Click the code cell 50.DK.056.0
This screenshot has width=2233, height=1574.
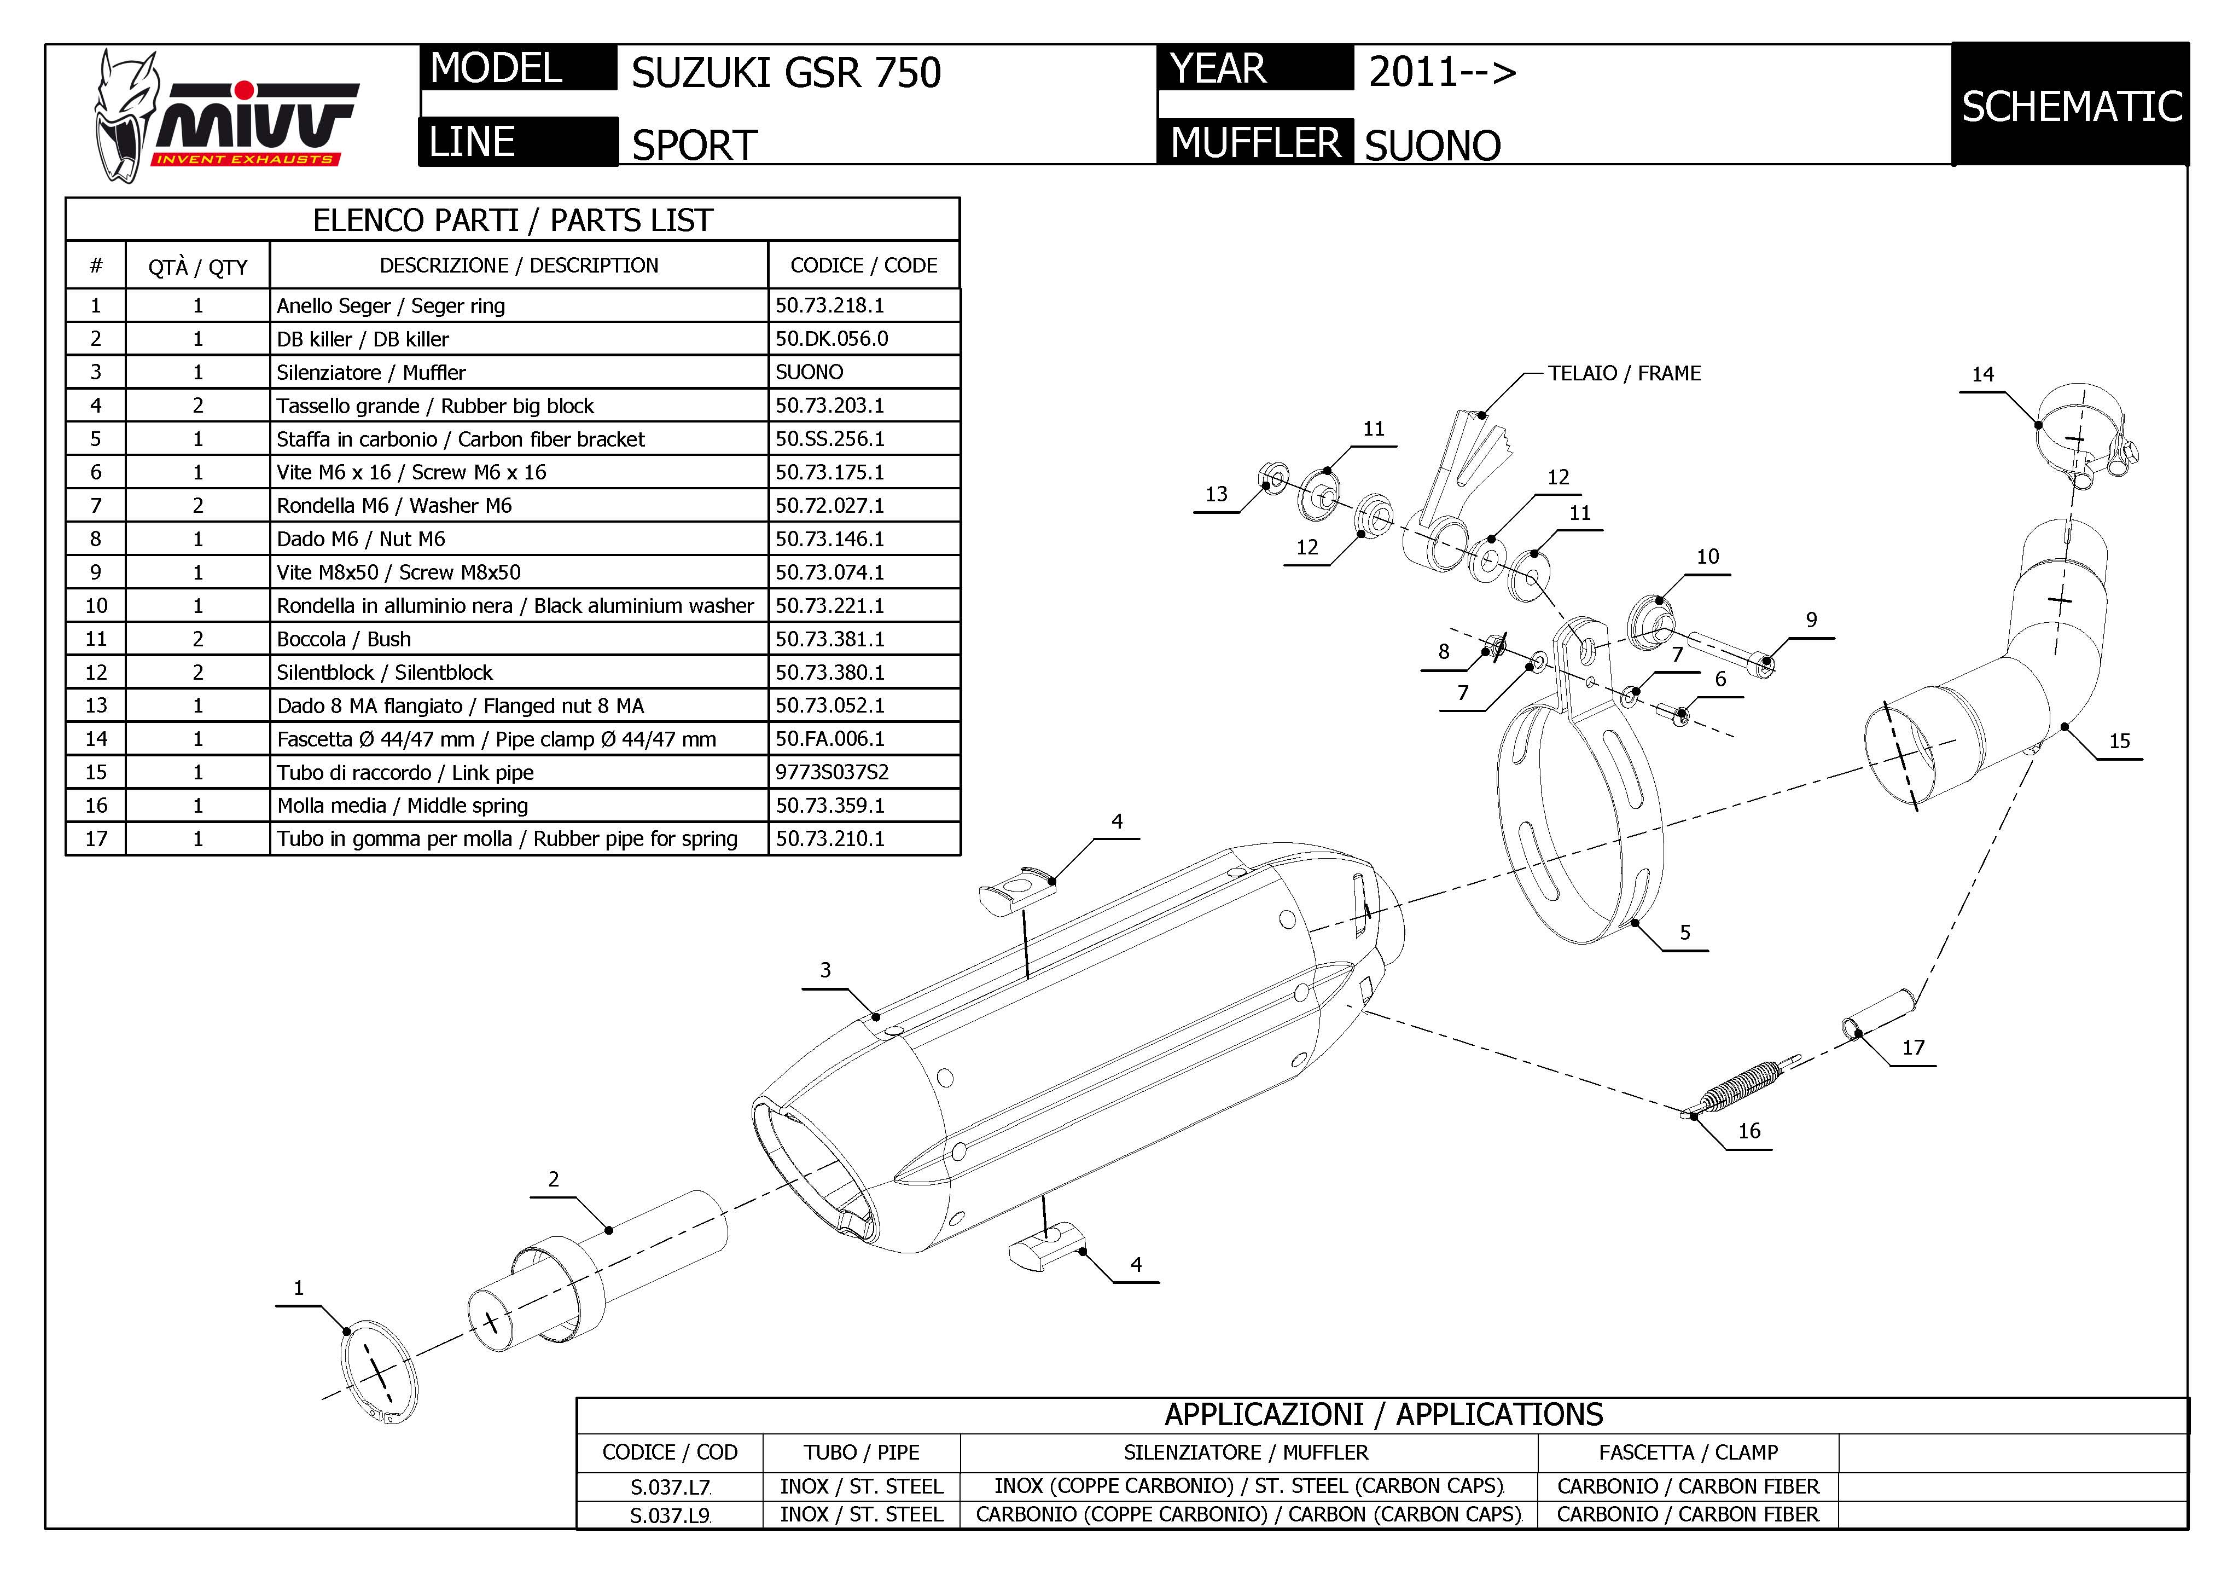pos(831,339)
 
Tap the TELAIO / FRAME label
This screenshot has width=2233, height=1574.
pos(1624,374)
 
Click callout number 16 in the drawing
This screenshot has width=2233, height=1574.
pos(1749,1130)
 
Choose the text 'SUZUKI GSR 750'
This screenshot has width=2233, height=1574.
pos(786,73)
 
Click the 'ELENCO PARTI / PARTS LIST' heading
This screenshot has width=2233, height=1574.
pos(513,221)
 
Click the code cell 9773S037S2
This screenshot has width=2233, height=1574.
pos(831,772)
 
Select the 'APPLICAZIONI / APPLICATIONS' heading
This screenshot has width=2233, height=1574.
pos(1383,1414)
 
